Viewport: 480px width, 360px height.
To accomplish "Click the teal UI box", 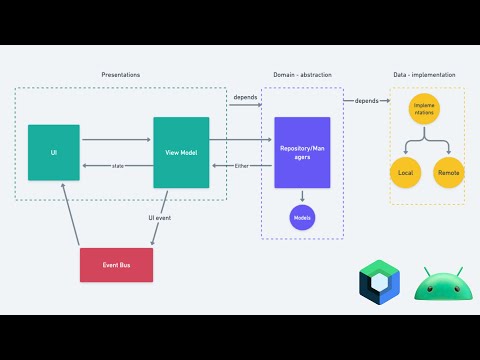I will pyautogui.click(x=54, y=152).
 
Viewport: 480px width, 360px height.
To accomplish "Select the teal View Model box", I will pyautogui.click(x=181, y=152).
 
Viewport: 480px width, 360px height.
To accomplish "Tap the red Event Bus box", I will pyautogui.click(x=117, y=264).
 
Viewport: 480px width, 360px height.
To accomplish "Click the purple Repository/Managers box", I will pyautogui.click(x=302, y=152).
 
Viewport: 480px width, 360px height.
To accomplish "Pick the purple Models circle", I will pyautogui.click(x=302, y=216).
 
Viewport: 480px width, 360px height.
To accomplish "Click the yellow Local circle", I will pyautogui.click(x=405, y=173).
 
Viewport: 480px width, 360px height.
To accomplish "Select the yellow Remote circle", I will pyautogui.click(x=448, y=173).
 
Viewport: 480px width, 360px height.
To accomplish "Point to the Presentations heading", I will pyautogui.click(x=121, y=76).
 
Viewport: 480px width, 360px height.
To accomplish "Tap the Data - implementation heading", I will pyautogui.click(x=426, y=76).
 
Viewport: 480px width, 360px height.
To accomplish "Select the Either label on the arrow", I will pyautogui.click(x=241, y=165).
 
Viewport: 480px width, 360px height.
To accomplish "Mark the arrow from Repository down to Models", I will pyautogui.click(x=302, y=196).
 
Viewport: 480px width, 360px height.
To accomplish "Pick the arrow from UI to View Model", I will pyautogui.click(x=116, y=139).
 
